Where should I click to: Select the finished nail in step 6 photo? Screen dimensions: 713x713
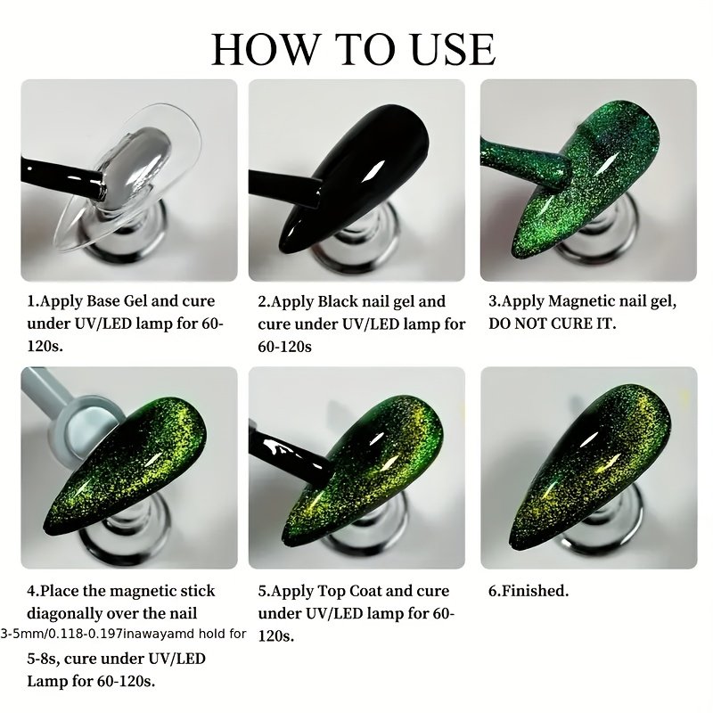pos(590,467)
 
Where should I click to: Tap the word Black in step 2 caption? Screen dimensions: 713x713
pos(338,301)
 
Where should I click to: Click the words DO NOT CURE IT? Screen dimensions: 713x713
pos(552,324)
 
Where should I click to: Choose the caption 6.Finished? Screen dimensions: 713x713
pos(529,591)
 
